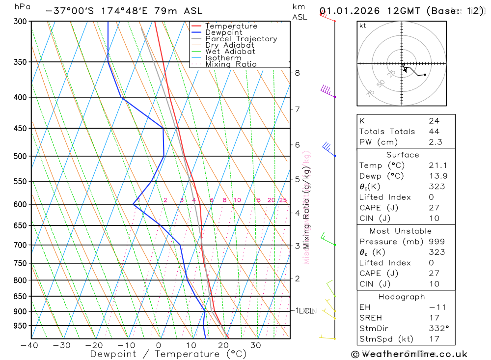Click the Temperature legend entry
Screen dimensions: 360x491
pos(231,26)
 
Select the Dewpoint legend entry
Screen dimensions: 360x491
pos(224,32)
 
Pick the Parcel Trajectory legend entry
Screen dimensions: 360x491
pos(241,39)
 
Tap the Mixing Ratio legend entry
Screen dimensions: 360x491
pos(231,64)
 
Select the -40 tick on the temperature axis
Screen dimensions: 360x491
pos(29,345)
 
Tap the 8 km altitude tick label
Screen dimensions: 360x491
pos(297,73)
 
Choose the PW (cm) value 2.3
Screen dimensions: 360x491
pos(435,142)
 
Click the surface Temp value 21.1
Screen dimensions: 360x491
pos(437,166)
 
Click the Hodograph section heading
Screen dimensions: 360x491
pos(402,297)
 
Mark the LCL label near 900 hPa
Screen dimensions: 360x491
pos(307,311)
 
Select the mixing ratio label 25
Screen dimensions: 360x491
pos(283,200)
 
